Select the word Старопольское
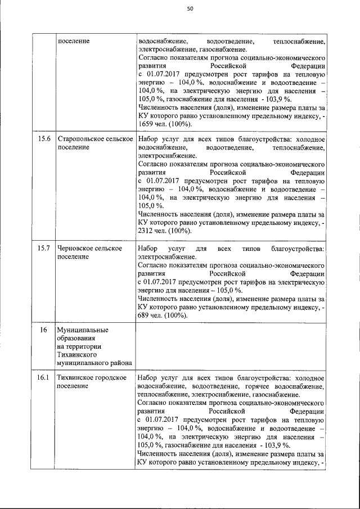(x=83, y=139)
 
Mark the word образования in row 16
(x=76, y=338)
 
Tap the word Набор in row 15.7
(x=148, y=248)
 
